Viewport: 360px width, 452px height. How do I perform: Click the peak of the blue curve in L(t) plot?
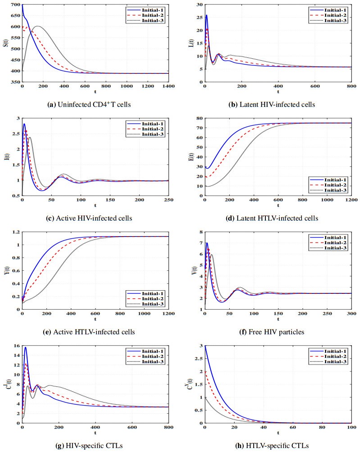pyautogui.click(x=207, y=15)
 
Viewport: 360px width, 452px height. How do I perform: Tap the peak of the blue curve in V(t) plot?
pyautogui.click(x=207, y=243)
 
